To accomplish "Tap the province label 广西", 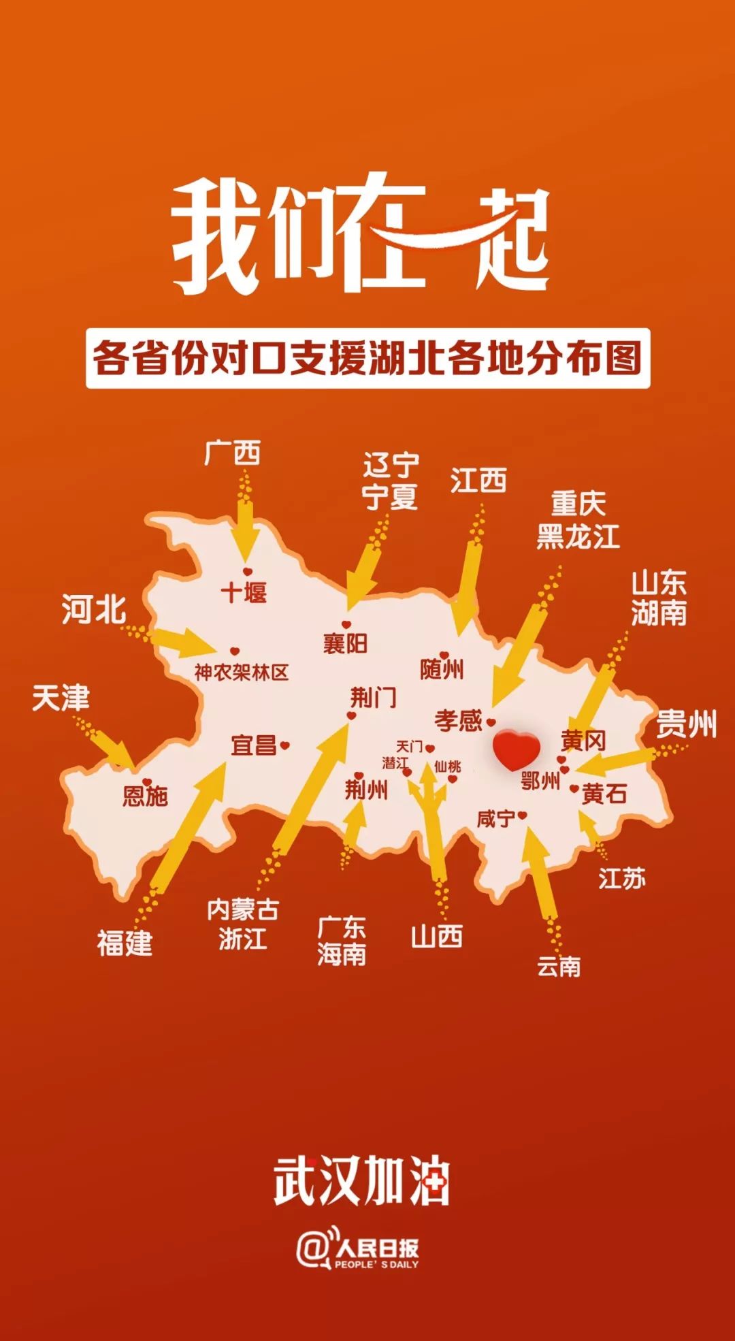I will (232, 453).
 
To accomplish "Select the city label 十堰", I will (244, 592).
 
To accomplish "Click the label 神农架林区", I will (242, 673).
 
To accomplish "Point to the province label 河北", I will (94, 609).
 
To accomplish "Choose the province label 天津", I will (61, 698).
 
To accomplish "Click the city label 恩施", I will (145, 796).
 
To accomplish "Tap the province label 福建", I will (125, 943).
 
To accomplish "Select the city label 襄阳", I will (345, 643).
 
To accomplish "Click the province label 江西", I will (478, 481).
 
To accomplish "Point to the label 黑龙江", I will (578, 536).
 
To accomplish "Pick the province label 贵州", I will (686, 724).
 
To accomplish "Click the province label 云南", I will (559, 966).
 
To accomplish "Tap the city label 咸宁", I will (496, 818).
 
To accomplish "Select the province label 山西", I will (437, 937).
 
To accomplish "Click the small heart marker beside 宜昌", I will (285, 745).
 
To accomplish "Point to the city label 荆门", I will (373, 698).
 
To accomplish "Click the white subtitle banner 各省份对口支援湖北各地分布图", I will (367, 358).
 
